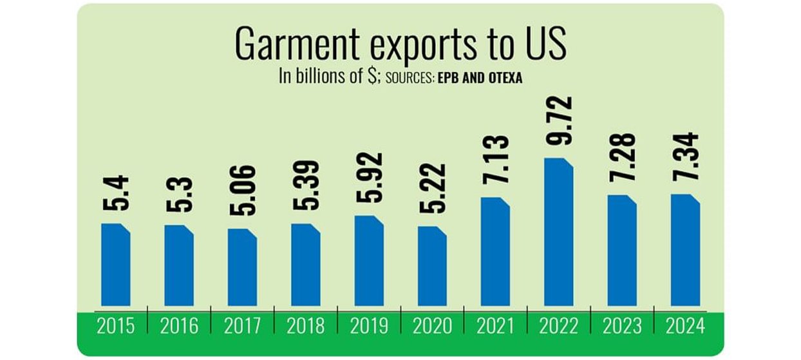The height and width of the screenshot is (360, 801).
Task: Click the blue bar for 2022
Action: coord(558,232)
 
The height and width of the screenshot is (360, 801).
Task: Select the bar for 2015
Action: coord(116,264)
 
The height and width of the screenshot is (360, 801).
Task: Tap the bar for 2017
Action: coord(242,267)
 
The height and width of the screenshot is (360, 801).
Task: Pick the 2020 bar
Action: coord(432,265)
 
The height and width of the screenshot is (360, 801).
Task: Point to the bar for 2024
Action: coord(685,250)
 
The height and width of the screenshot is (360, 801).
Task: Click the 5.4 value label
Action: coord(116,195)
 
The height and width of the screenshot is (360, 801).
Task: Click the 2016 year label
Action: coord(179,327)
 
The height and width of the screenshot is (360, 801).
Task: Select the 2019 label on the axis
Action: coord(369,327)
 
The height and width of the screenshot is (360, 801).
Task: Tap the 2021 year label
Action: coord(495,327)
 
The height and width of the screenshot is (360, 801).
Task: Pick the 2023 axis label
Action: coord(622,327)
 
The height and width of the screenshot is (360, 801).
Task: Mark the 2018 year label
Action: coord(305,327)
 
